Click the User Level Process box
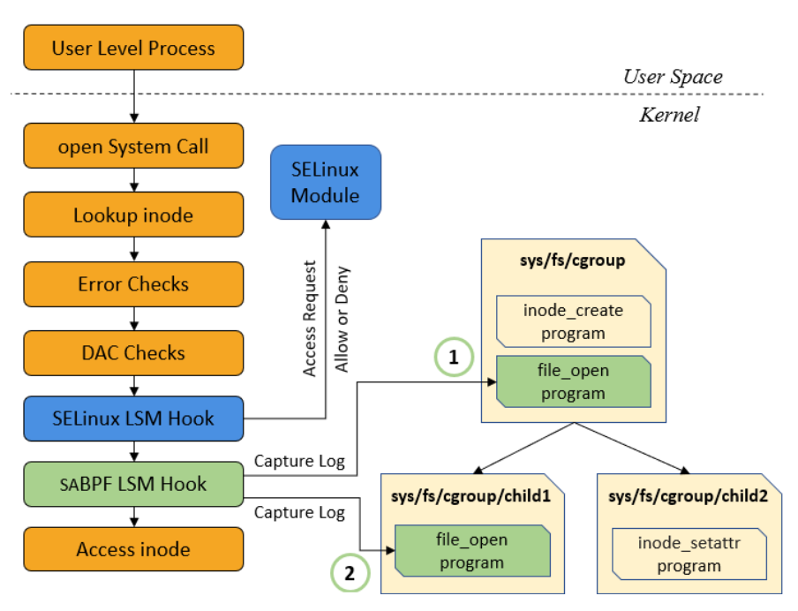click(132, 48)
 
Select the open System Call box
click(132, 147)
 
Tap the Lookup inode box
click(132, 215)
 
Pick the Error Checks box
click(132, 284)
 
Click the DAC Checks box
click(132, 353)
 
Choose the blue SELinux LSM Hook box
click(132, 419)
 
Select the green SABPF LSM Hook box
click(132, 484)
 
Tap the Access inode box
click(132, 549)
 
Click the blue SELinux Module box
click(325, 182)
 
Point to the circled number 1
click(454, 358)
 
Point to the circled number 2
click(350, 573)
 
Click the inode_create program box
click(573, 321)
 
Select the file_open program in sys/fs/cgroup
click(573, 381)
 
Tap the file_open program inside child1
click(472, 550)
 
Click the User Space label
click(672, 77)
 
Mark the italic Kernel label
click(669, 115)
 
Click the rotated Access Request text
click(310, 319)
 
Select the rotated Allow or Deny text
click(343, 319)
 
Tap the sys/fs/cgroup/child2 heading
click(688, 496)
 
